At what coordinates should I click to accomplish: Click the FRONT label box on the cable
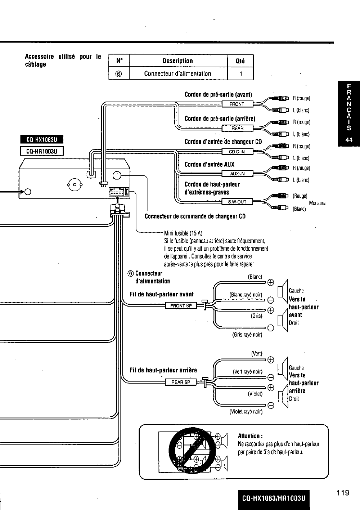click(237, 104)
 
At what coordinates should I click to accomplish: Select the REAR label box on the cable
click(237, 128)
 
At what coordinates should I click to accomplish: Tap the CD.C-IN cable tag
click(237, 152)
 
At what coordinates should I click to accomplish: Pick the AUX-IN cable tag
click(237, 174)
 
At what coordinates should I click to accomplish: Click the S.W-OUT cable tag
click(237, 202)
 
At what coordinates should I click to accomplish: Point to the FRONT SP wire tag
click(181, 306)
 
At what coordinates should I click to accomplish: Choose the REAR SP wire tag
click(181, 382)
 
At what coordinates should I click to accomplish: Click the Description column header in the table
click(177, 61)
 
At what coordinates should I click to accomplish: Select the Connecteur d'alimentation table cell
click(177, 73)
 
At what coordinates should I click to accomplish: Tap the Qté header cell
click(240, 61)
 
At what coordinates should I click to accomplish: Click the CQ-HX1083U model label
click(41, 139)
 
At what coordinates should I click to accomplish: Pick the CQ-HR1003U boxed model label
click(41, 151)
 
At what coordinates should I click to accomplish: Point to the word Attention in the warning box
click(248, 435)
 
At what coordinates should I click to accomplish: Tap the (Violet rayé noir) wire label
click(246, 411)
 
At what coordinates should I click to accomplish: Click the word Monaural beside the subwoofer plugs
click(318, 203)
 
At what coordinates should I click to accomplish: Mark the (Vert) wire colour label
click(257, 353)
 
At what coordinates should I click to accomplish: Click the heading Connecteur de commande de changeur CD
click(195, 216)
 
